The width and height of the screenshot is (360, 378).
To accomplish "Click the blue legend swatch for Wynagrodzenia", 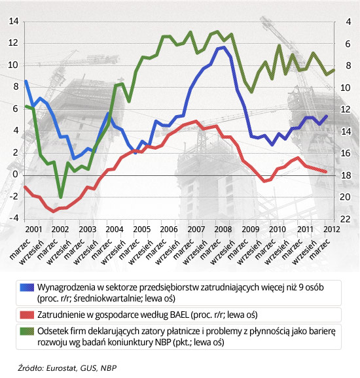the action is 27,287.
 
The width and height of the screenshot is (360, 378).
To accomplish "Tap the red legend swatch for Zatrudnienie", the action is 27,315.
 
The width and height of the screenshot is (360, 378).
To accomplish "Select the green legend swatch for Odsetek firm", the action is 27,331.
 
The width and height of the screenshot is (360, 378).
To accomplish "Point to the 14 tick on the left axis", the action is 14,21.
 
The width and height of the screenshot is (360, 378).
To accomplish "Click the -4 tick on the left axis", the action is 14,218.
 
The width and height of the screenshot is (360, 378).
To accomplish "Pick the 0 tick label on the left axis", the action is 16,174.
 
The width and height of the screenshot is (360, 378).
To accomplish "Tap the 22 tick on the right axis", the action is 345,219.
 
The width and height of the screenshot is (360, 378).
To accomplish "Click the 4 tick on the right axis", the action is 348,22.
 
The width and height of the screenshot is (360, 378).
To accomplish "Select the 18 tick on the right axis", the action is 345,175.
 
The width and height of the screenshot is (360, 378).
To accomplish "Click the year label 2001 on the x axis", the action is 33,229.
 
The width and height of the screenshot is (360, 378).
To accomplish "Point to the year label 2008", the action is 223,229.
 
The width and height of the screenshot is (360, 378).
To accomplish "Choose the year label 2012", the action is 332,229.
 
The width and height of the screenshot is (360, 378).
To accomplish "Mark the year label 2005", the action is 142,229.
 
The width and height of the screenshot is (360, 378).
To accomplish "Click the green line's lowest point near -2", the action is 61,197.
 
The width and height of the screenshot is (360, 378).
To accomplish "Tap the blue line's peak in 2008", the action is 223,48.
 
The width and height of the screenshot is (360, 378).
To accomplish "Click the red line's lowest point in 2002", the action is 54,211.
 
